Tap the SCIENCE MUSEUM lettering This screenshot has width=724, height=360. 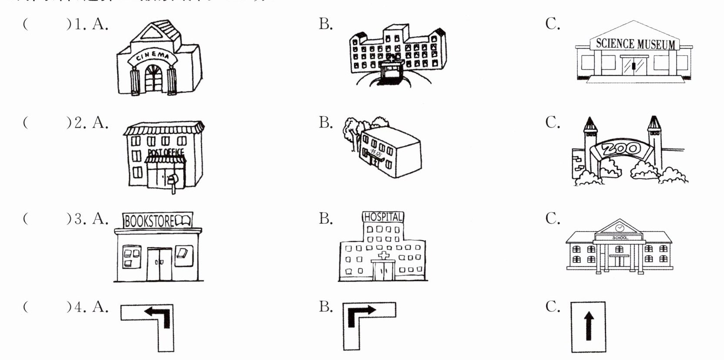pos(635,44)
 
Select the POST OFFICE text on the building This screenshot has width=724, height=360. pos(166,152)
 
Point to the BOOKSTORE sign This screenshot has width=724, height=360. pos(157,221)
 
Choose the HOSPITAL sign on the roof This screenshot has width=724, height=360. pos(383,217)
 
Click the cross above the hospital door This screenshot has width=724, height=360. pos(383,256)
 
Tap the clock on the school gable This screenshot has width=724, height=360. pos(619,227)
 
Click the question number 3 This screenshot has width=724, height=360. pos(78,218)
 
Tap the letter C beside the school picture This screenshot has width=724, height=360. pos(552,218)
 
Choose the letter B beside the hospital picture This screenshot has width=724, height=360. pos(325,218)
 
